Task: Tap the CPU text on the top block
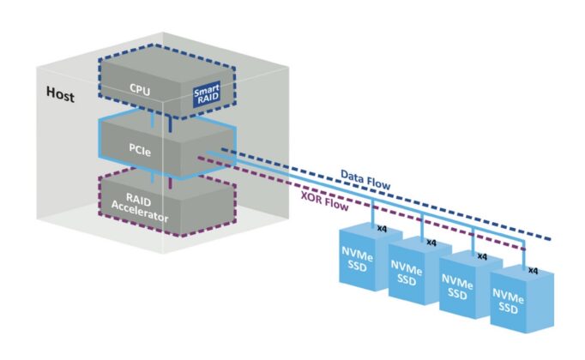(x=141, y=87)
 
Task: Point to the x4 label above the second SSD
(x=431, y=243)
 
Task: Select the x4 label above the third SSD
(x=481, y=256)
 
